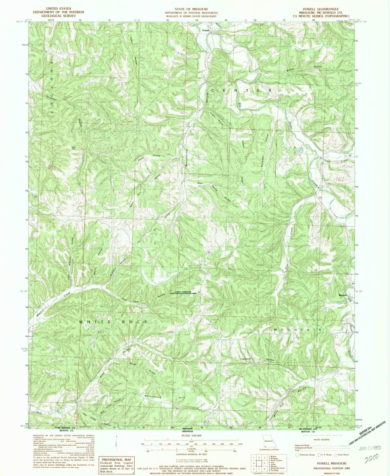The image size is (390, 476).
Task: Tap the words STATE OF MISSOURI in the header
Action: point(194,8)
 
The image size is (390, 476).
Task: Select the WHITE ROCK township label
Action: point(113,322)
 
